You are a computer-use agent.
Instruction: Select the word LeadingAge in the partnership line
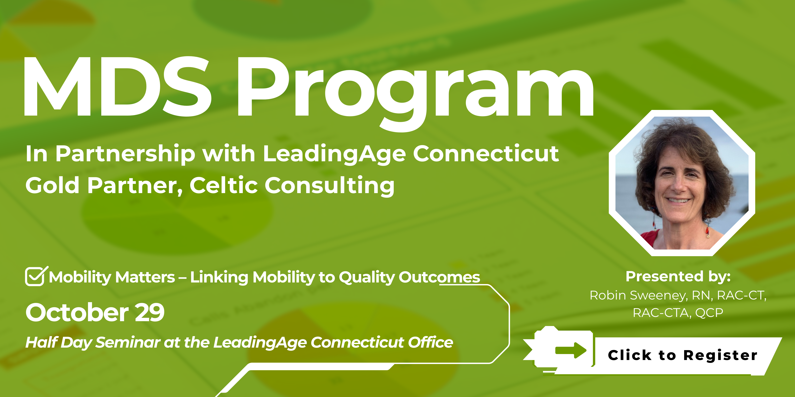[334, 154]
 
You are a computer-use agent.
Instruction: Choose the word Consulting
[330, 186]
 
